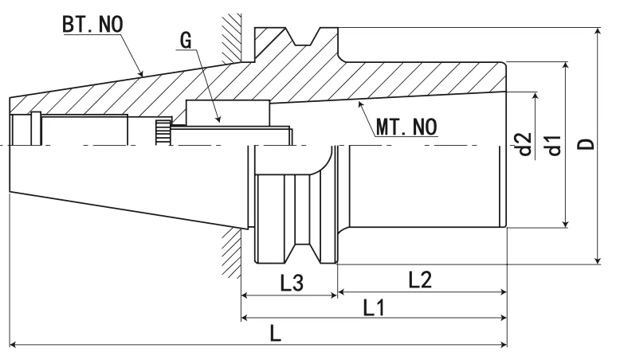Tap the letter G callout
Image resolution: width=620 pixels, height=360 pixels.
click(186, 41)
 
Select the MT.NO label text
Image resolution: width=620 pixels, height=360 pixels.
click(405, 126)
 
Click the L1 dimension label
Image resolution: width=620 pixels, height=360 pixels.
click(375, 307)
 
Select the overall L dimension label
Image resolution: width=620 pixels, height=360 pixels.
click(275, 334)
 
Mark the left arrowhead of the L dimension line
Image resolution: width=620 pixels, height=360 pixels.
click(15, 345)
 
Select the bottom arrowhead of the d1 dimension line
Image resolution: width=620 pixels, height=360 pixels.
click(565, 222)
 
